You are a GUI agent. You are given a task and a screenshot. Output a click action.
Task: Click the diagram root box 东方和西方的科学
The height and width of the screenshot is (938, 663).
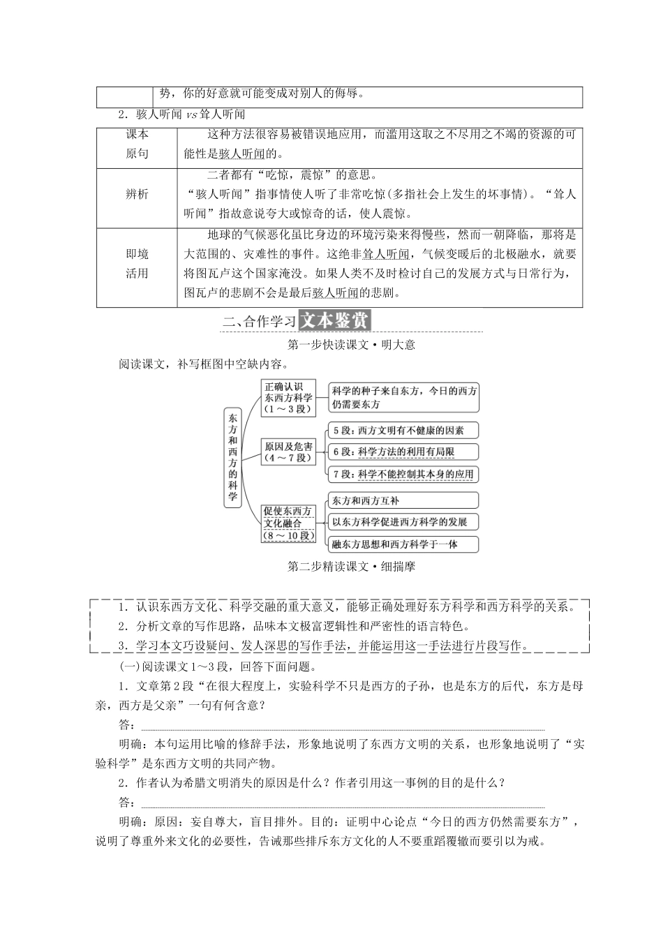click(233, 456)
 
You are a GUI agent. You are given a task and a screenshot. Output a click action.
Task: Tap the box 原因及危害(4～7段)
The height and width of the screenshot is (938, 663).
click(288, 452)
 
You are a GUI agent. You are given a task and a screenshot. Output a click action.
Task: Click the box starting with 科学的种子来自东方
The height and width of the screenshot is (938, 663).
click(404, 398)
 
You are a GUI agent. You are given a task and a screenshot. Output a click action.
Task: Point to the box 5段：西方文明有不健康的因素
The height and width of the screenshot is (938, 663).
click(403, 431)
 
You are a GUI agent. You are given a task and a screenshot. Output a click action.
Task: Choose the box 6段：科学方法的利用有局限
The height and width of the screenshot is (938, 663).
click(403, 452)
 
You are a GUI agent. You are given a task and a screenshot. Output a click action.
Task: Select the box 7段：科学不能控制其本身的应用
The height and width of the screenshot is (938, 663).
click(403, 475)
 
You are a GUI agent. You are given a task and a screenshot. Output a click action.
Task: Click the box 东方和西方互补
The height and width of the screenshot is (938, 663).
click(403, 501)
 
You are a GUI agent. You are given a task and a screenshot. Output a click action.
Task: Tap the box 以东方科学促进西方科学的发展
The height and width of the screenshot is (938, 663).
click(403, 522)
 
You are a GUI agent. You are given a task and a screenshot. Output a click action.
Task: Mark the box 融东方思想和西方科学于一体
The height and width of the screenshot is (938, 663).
click(403, 544)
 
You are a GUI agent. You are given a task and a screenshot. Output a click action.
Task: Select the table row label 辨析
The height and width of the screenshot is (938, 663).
click(137, 195)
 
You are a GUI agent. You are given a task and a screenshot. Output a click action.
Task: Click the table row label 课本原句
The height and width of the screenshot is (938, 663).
click(137, 144)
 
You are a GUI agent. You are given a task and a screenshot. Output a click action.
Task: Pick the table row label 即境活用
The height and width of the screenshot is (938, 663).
click(137, 264)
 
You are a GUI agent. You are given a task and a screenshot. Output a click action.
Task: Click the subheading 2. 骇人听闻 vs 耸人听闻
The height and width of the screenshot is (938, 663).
click(181, 114)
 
